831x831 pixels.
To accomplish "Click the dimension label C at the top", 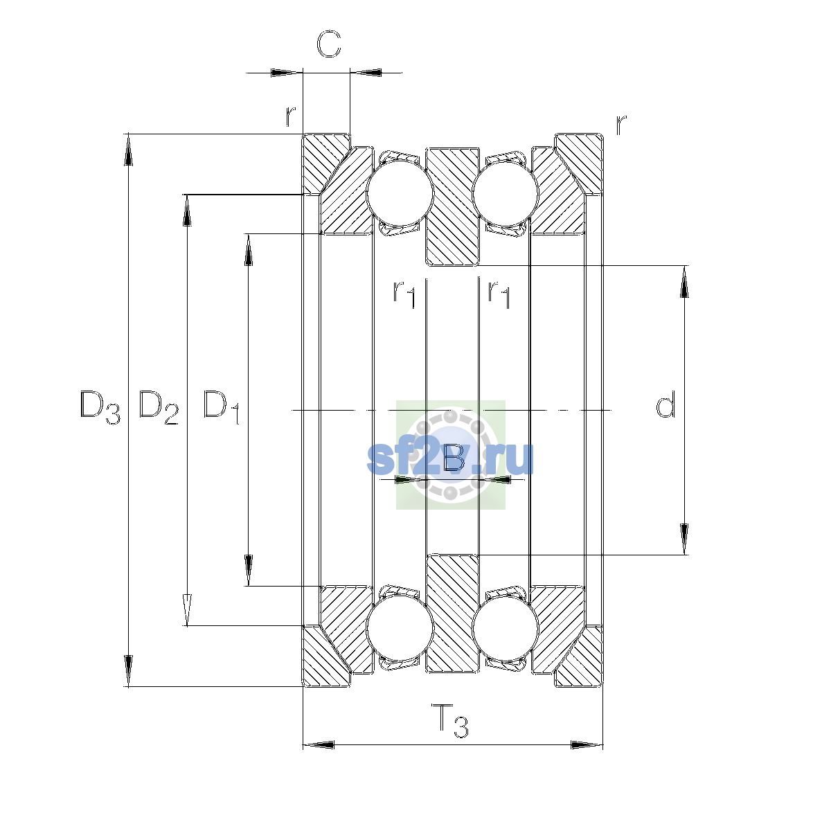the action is tap(329, 44).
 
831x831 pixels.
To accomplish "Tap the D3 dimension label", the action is tap(100, 407).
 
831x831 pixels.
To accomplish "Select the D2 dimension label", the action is tap(159, 407).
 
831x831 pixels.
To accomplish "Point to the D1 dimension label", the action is tap(221, 407).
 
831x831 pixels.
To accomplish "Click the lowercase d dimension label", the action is tap(665, 404).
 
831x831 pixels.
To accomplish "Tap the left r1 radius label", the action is tap(404, 294).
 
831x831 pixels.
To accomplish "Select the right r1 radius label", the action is tap(499, 294).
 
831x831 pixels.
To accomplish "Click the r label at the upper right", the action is tap(620, 125).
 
